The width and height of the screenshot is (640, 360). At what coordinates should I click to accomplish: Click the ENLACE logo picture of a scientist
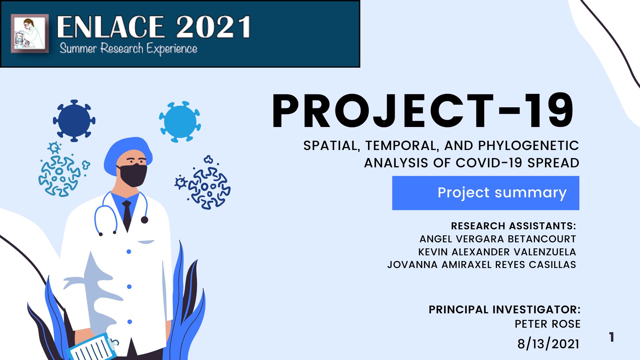[30, 33]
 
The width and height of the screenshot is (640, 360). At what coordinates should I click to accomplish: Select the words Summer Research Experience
[128, 49]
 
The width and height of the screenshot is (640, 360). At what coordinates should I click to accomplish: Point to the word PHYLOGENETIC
[528, 146]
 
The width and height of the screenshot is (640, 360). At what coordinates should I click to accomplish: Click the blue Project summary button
[486, 193]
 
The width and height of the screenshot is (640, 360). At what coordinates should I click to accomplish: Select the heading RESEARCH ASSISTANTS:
[514, 226]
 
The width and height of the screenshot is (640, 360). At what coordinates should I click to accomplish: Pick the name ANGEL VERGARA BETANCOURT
[498, 239]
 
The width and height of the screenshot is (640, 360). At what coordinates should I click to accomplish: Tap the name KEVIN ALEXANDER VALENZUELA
[497, 252]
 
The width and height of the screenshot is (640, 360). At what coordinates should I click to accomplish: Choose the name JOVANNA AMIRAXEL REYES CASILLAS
[482, 265]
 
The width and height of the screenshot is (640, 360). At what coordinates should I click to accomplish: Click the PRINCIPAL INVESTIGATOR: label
[505, 310]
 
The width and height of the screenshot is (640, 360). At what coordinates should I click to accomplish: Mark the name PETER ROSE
[548, 324]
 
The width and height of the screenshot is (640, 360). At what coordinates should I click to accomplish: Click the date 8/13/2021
[548, 344]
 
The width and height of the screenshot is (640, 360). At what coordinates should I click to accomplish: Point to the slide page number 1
[612, 337]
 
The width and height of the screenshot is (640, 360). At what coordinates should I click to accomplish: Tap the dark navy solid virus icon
[74, 120]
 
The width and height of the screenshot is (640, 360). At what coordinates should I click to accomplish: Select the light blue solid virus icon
[180, 122]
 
